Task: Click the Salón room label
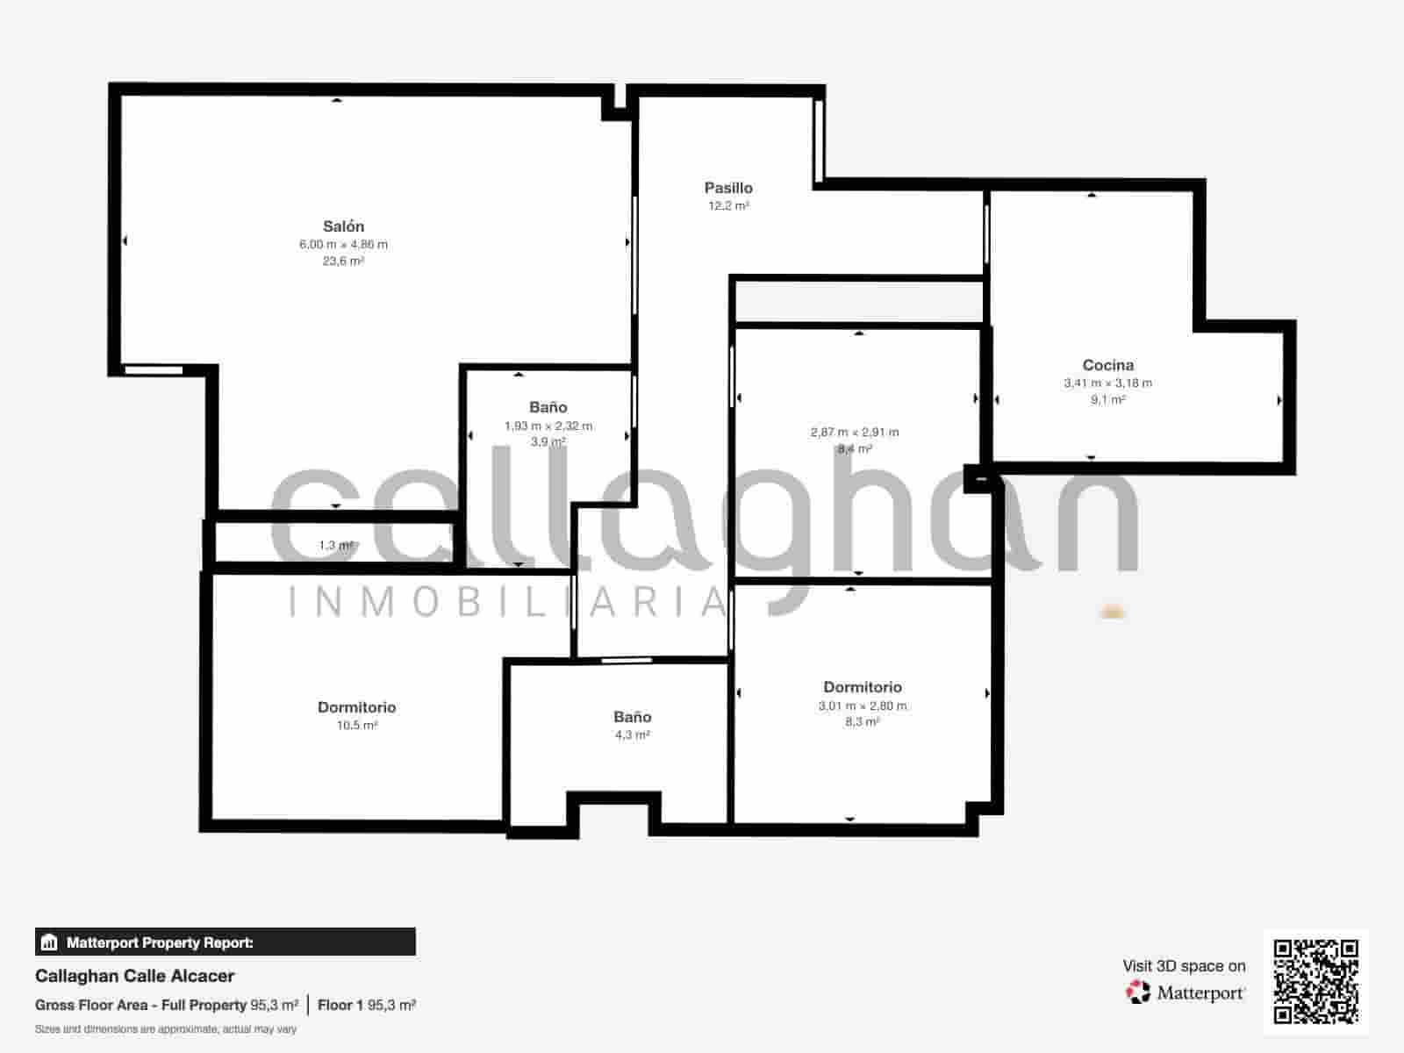[343, 226]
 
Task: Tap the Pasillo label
[728, 188]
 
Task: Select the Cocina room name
[1107, 365]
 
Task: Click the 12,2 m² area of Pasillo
[728, 206]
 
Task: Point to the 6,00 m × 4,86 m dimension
[343, 245]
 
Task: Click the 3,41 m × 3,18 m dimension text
[1107, 383]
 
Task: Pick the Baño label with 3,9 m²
[548, 407]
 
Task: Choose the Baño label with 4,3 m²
[632, 717]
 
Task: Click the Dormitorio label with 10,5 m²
[356, 707]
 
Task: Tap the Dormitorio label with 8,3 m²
[862, 687]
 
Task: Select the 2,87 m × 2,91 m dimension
[854, 432]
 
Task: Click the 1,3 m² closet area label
[335, 546]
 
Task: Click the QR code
[1315, 982]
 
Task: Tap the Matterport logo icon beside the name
[1138, 992]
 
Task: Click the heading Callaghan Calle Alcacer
[135, 976]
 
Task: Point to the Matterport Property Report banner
[226, 942]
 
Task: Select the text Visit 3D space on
[1184, 966]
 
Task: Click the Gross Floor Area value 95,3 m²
[274, 1006]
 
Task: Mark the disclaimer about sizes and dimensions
[166, 1029]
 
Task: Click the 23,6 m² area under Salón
[343, 261]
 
